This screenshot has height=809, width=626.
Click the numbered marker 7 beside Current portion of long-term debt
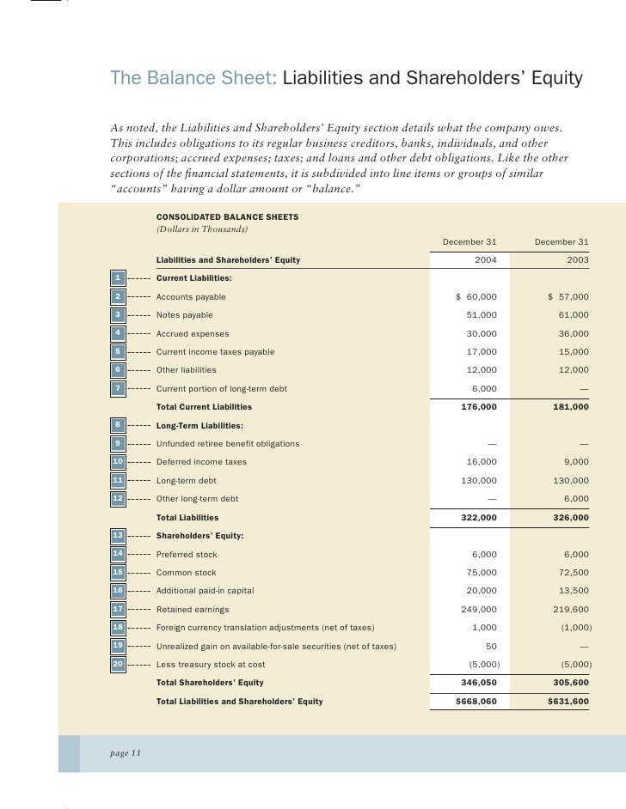[118, 388]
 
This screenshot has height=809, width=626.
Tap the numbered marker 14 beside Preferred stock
[118, 554]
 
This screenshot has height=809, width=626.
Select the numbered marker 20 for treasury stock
[118, 664]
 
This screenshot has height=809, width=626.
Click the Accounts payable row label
[191, 296]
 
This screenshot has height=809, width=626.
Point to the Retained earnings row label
[192, 609]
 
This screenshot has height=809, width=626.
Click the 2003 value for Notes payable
[572, 315]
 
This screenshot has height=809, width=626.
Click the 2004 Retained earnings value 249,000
[479, 609]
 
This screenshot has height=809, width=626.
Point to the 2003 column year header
[577, 259]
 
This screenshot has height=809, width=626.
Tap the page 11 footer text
[126, 752]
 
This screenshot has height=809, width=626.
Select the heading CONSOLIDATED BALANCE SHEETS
[227, 217]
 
